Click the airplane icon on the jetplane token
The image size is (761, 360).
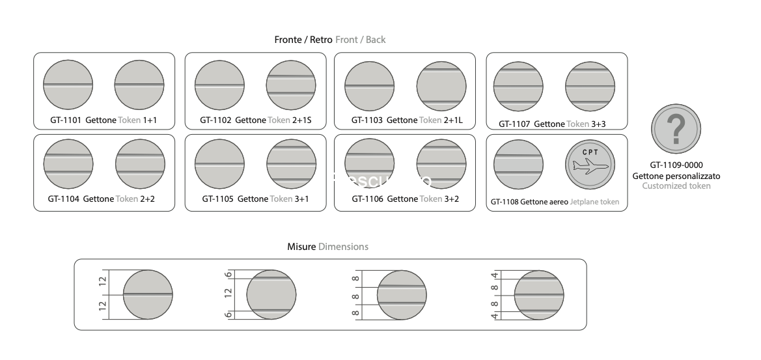coord(587,167)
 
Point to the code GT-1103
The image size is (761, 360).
coord(367,120)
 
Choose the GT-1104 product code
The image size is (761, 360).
coord(63,199)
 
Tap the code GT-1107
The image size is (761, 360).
coord(515,124)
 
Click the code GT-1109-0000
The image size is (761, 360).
coord(676,165)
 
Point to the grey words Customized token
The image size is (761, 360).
coord(676,186)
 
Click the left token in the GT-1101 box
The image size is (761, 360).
coord(68,85)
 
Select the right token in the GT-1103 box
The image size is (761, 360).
coord(441,85)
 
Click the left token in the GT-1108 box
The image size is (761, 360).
coord(518,164)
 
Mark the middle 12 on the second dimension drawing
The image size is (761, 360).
coord(228,294)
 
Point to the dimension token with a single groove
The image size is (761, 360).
coord(148,294)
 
